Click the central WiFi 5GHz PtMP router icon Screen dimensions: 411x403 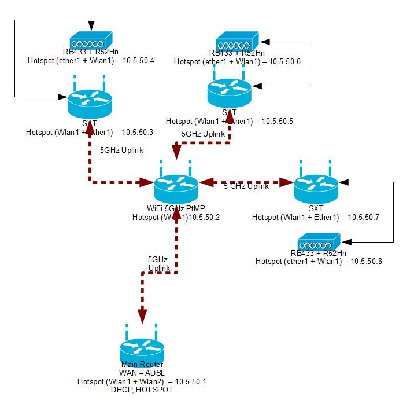click(x=176, y=186)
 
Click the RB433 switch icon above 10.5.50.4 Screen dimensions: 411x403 click(x=90, y=42)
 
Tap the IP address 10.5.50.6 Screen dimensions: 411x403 click(x=285, y=61)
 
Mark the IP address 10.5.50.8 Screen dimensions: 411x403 click(x=366, y=262)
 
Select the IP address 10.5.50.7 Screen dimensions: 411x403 click(x=363, y=217)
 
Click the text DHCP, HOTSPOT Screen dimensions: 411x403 click(x=142, y=390)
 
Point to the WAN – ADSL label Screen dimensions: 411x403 click(x=142, y=373)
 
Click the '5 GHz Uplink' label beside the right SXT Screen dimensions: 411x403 click(x=246, y=186)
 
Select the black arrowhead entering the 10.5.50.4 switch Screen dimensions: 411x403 click(x=90, y=26)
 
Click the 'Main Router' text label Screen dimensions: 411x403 click(x=142, y=365)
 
